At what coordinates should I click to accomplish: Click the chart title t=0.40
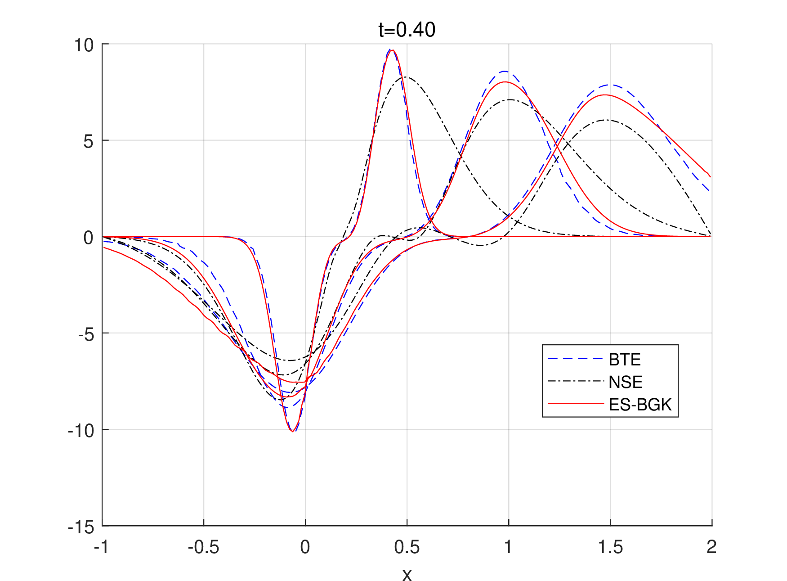407,30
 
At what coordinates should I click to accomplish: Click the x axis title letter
407,575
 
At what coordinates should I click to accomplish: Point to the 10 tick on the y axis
84,45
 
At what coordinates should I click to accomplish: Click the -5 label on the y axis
85,334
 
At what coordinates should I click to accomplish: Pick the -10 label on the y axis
81,431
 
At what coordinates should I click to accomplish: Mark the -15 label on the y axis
81,527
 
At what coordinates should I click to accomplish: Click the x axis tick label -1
102,547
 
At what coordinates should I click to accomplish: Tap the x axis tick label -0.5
203,547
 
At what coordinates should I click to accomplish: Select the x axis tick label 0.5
407,547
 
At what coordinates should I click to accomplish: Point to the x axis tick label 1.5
610,547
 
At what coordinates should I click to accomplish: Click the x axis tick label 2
711,547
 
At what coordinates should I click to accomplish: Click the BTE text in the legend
625,360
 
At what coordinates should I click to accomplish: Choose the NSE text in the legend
626,382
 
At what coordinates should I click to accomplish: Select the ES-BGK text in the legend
640,405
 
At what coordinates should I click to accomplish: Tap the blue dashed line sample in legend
575,359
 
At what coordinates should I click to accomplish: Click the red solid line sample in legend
575,404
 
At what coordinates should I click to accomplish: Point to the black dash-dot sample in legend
575,381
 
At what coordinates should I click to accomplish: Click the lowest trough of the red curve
292,432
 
